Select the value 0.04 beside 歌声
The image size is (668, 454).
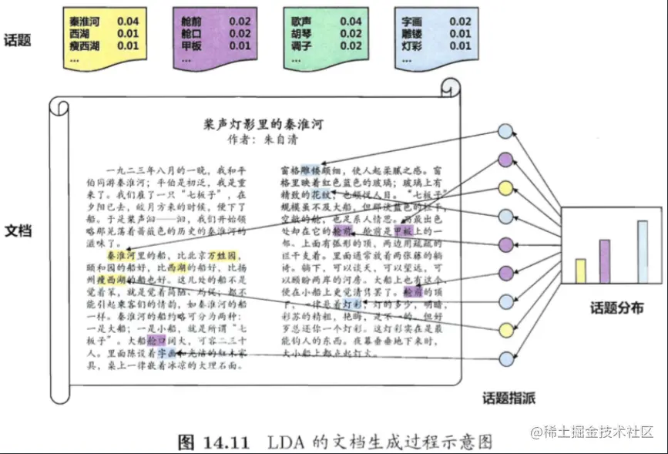[351, 22]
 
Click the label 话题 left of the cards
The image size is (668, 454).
[18, 39]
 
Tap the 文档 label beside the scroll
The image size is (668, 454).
[18, 230]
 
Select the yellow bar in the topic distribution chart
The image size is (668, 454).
[580, 271]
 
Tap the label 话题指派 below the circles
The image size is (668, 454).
[509, 399]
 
